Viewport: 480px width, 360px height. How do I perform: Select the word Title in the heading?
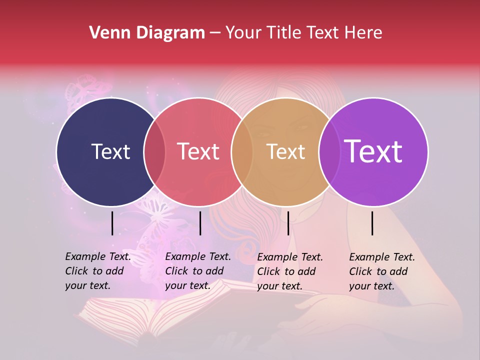pyautogui.click(x=284, y=33)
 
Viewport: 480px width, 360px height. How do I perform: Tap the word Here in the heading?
pyautogui.click(x=364, y=33)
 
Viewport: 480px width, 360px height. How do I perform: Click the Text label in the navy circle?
pyautogui.click(x=110, y=151)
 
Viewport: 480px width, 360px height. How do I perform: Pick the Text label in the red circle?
pyautogui.click(x=198, y=151)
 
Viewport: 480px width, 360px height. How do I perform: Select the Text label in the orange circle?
pyautogui.click(x=285, y=151)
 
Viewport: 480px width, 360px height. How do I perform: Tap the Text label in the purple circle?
pyautogui.click(x=373, y=151)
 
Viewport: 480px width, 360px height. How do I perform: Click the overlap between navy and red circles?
pyautogui.click(x=154, y=151)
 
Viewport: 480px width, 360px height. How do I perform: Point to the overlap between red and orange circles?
pyautogui.click(x=242, y=151)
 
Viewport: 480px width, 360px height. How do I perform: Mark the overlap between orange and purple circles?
pyautogui.click(x=329, y=151)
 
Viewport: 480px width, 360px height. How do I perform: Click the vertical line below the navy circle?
pyautogui.click(x=112, y=223)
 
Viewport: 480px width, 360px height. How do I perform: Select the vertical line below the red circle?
pyautogui.click(x=200, y=223)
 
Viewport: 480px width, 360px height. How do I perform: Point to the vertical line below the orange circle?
pyautogui.click(x=288, y=223)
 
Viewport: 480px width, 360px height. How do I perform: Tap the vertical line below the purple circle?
pyautogui.click(x=372, y=223)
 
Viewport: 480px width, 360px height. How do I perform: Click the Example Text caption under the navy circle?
pyautogui.click(x=98, y=271)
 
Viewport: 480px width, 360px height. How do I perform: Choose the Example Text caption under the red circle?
pyautogui.click(x=198, y=271)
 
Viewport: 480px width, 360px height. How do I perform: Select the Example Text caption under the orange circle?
pyautogui.click(x=290, y=271)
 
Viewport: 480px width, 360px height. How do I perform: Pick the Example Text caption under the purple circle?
pyautogui.click(x=382, y=271)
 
